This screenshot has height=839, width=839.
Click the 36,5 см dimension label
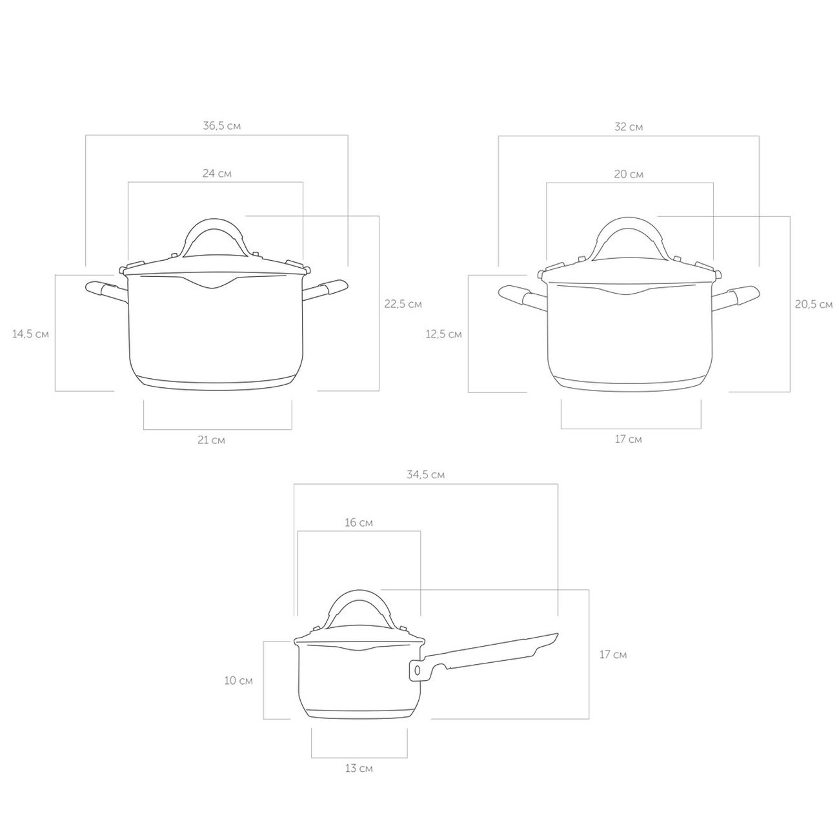click(221, 126)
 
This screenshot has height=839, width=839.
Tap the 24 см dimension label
click(217, 174)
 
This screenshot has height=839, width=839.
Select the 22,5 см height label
click(403, 304)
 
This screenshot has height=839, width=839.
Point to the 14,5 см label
click(30, 334)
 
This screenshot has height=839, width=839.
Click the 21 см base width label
click(211, 440)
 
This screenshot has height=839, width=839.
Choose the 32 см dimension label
click(628, 127)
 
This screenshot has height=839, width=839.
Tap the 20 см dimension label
click(628, 175)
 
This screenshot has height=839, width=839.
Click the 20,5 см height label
click(814, 305)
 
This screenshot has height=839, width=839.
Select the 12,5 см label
click(443, 334)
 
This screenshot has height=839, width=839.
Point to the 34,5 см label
click(425, 474)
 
